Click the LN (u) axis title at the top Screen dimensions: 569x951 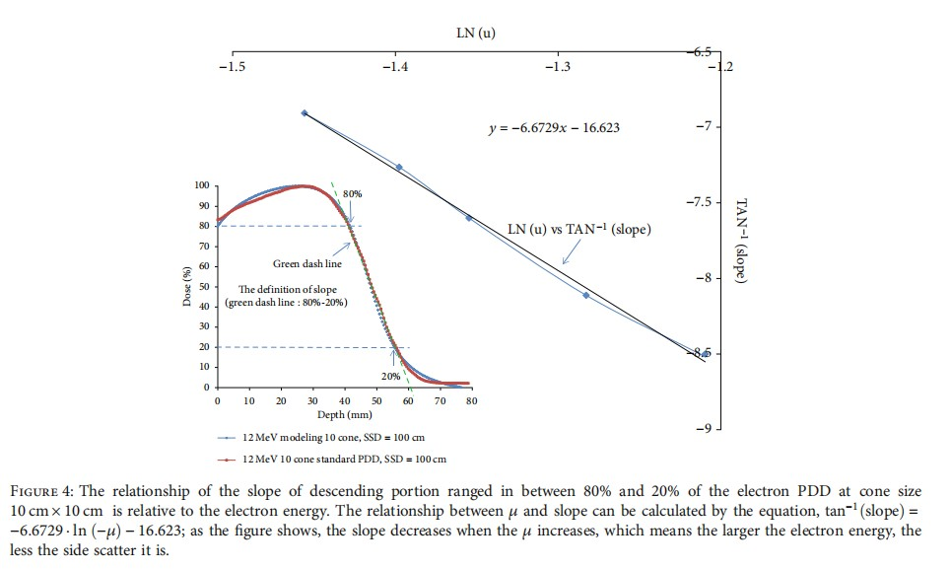tap(476, 34)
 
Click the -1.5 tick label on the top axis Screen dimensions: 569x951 tap(233, 67)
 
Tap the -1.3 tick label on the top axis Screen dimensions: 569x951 tap(558, 67)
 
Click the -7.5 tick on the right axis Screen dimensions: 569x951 tap(698, 202)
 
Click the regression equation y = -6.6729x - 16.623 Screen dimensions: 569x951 tap(555, 128)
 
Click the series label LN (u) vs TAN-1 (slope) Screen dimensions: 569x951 tap(579, 229)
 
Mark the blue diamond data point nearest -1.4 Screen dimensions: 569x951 tap(399, 168)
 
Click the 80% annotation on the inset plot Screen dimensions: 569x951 tap(353, 194)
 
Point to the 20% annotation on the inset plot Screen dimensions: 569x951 tap(390, 376)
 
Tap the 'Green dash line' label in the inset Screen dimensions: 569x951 tap(306, 264)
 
